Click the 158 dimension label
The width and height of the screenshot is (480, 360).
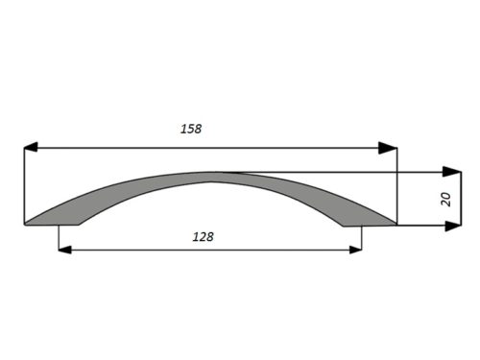point(191,129)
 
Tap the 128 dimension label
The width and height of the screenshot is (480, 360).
point(203,237)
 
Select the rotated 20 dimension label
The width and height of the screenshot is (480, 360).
point(445,200)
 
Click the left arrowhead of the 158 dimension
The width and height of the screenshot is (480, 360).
point(31,148)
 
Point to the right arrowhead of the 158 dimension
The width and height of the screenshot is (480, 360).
point(388,148)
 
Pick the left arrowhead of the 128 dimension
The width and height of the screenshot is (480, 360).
point(65,250)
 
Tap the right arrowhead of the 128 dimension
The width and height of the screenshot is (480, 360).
point(355,250)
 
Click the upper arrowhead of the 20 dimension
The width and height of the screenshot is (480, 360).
point(452,172)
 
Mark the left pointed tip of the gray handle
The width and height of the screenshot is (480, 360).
point(26,224)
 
